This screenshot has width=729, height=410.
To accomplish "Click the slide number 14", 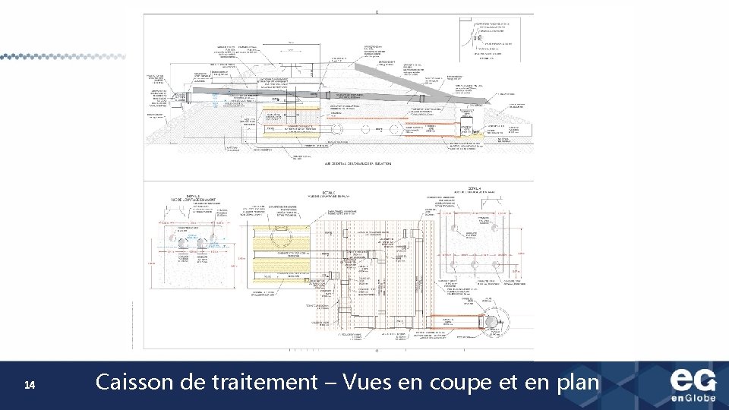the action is click(29, 386).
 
